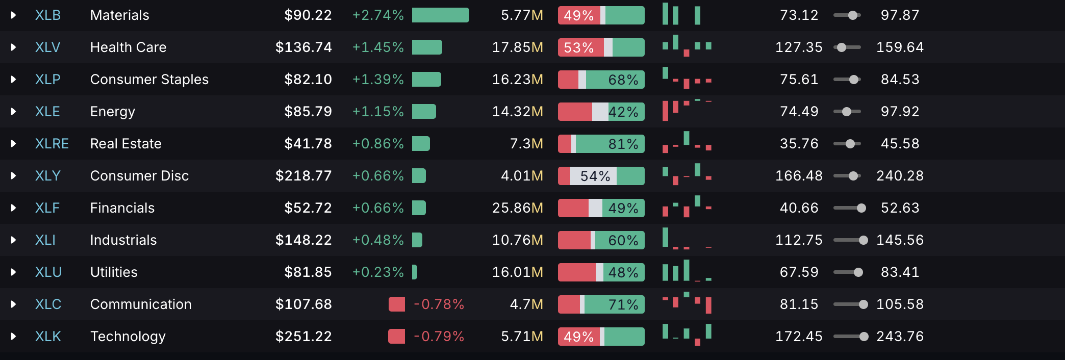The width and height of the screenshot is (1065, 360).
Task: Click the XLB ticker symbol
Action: click(47, 15)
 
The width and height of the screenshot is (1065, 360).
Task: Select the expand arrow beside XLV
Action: click(13, 47)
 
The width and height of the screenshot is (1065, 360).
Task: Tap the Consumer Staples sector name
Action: click(149, 80)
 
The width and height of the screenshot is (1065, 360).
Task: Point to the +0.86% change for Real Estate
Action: click(377, 144)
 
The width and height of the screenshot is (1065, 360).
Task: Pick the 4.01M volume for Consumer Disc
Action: click(521, 176)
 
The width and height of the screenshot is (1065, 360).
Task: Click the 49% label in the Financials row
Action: click(623, 208)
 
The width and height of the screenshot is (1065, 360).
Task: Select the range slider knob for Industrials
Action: click(863, 240)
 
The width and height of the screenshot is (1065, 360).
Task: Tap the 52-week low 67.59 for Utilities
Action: click(799, 272)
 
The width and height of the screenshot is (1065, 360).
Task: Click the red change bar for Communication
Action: click(397, 304)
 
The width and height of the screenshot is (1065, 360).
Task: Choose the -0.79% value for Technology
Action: click(439, 337)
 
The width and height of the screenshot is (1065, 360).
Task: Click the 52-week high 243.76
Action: click(900, 337)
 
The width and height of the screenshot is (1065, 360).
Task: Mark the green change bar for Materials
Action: click(440, 15)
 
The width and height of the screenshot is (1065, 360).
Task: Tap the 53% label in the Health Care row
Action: click(578, 47)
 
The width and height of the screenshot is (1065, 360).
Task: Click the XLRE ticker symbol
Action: click(52, 144)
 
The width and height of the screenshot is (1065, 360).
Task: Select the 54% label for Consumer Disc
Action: click(595, 176)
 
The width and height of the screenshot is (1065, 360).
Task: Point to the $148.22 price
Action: click(303, 240)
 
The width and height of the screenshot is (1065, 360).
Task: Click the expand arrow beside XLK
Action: click(13, 337)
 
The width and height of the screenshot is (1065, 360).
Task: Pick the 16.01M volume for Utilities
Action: click(517, 272)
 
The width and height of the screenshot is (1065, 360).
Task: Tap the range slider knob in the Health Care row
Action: click(842, 47)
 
